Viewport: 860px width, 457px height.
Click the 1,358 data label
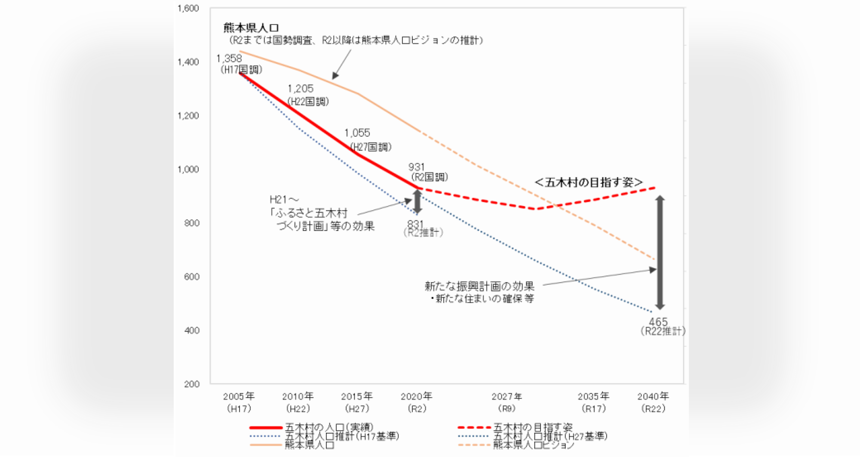(x=229, y=59)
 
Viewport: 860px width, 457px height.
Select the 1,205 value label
(x=301, y=89)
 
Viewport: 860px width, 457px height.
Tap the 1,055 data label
(x=357, y=133)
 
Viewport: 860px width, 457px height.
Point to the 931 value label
(x=416, y=167)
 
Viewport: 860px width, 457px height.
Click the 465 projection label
(x=658, y=322)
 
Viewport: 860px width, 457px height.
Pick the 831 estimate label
(x=415, y=224)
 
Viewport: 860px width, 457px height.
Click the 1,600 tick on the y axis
(x=188, y=9)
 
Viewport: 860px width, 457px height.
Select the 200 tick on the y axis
(x=191, y=384)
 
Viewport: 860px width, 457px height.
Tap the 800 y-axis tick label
(x=191, y=223)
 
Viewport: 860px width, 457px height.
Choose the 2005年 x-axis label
(x=239, y=396)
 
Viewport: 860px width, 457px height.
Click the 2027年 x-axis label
(x=507, y=396)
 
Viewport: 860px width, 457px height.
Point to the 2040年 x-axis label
(x=653, y=396)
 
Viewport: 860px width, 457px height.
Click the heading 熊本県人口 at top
(x=251, y=28)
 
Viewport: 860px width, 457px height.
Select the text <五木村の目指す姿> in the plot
(x=589, y=182)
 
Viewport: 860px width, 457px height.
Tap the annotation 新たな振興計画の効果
(x=479, y=286)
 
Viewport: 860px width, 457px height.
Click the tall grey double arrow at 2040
(x=660, y=253)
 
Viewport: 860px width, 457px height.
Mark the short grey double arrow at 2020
(x=417, y=201)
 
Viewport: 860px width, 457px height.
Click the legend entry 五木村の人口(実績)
(x=329, y=427)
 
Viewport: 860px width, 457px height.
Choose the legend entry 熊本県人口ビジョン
(x=533, y=445)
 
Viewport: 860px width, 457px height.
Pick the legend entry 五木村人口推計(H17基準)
(x=342, y=436)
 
